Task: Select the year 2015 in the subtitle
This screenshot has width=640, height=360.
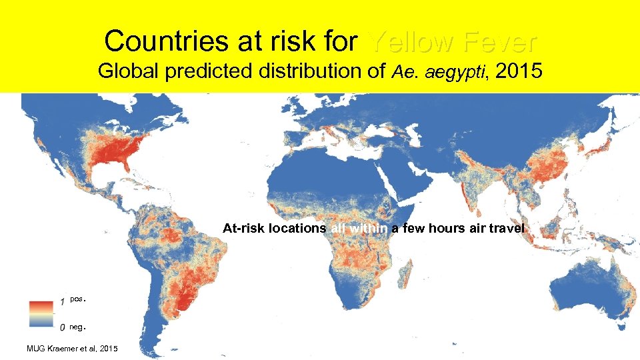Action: coord(519,70)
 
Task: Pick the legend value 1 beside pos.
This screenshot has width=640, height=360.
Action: coord(62,301)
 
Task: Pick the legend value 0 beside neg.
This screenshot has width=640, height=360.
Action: coord(62,327)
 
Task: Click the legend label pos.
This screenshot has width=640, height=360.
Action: coord(77,299)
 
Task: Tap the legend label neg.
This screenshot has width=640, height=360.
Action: coord(78,327)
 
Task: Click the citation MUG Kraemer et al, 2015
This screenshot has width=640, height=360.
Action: coord(72,349)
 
